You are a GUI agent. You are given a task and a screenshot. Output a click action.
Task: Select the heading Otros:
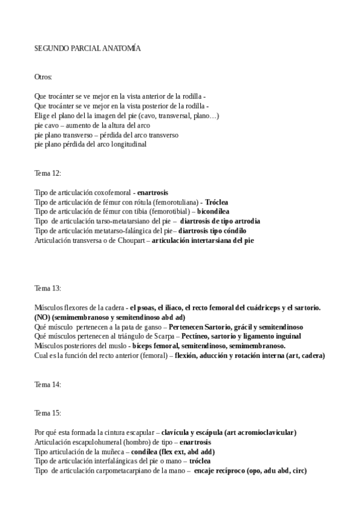43,77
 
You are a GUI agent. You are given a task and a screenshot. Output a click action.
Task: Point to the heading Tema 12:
47,173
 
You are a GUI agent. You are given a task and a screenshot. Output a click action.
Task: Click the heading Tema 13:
47,288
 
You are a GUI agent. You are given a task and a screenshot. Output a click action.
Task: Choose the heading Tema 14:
47,384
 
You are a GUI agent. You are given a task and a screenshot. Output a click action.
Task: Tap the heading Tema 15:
47,413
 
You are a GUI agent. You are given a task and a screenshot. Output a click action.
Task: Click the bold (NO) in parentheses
43,317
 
